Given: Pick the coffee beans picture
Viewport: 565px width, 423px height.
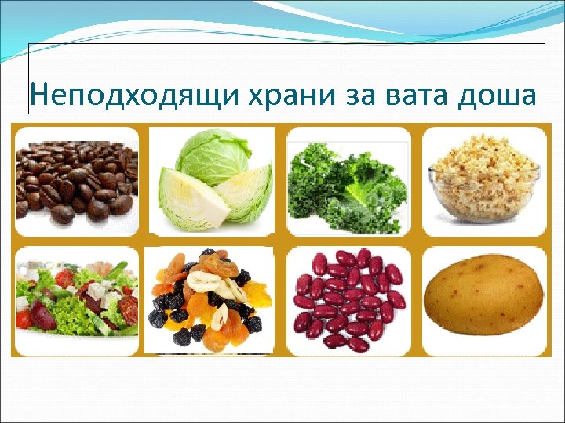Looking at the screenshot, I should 76,179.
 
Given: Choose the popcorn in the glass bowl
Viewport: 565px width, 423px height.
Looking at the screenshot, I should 486,182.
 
